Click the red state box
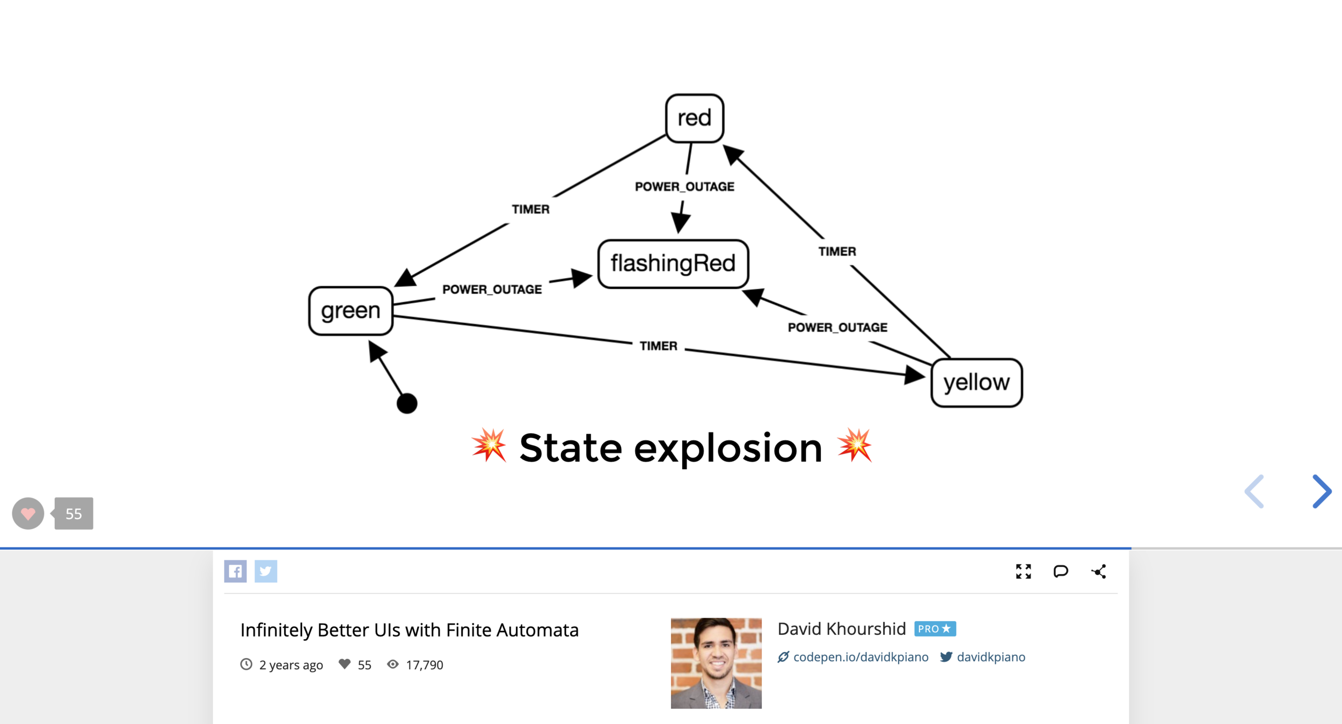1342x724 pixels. tap(694, 118)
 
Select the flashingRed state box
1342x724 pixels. tap(673, 264)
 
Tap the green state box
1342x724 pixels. tap(351, 311)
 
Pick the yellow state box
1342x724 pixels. tap(976, 383)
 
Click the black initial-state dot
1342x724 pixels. tap(407, 403)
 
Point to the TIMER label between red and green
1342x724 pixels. tap(530, 209)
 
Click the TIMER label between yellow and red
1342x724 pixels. tap(837, 251)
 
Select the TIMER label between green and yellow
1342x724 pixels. tap(658, 346)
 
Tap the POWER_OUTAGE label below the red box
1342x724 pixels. tap(684, 187)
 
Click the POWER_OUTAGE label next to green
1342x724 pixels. tap(492, 290)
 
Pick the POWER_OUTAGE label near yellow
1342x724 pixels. tap(837, 327)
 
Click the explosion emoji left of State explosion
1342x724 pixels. tap(488, 445)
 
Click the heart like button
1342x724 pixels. tap(28, 514)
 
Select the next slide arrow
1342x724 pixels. tap(1321, 491)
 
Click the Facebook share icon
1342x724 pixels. tap(235, 571)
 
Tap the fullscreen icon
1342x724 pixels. tap(1023, 572)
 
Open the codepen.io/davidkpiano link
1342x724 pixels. tap(860, 657)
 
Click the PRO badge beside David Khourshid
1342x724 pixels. tap(935, 628)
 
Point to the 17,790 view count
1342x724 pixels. tap(424, 665)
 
